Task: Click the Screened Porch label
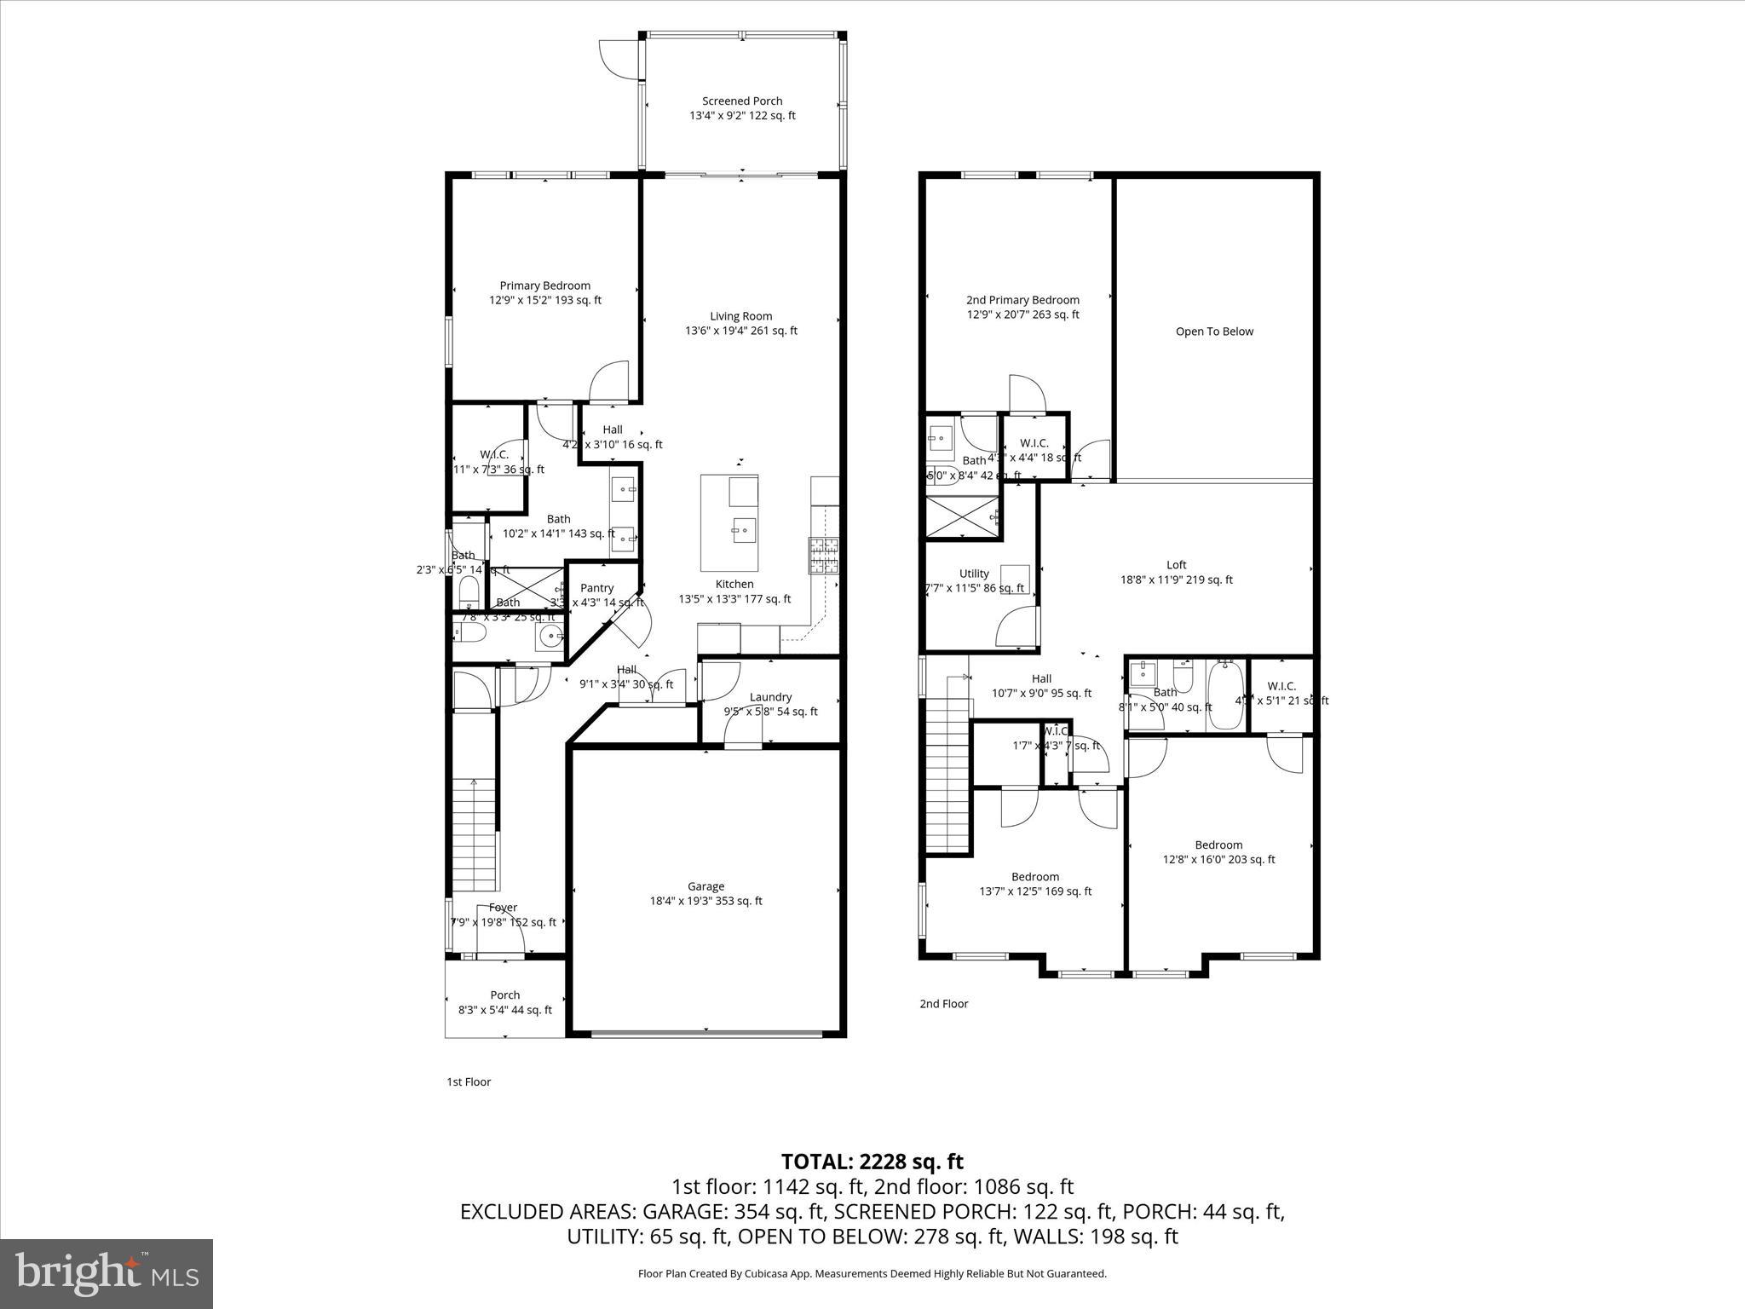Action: pyautogui.click(x=741, y=101)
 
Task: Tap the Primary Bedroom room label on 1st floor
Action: pyautogui.click(x=544, y=285)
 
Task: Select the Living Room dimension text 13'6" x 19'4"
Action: pyautogui.click(x=740, y=331)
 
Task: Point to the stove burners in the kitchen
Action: pyautogui.click(x=823, y=556)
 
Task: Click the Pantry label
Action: pyautogui.click(x=596, y=588)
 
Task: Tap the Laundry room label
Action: pyautogui.click(x=770, y=696)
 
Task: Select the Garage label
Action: pyautogui.click(x=705, y=886)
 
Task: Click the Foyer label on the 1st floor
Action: pyautogui.click(x=503, y=908)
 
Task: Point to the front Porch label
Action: pyautogui.click(x=504, y=995)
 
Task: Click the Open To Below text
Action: pyautogui.click(x=1214, y=332)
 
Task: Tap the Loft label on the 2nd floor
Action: pyautogui.click(x=1176, y=564)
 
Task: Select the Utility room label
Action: pyautogui.click(x=974, y=574)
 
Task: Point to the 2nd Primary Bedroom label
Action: pyautogui.click(x=1022, y=300)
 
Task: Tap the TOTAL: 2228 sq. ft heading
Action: pyautogui.click(x=872, y=1161)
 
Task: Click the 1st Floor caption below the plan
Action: pyautogui.click(x=469, y=1081)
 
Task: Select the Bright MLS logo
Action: pyautogui.click(x=107, y=1273)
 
